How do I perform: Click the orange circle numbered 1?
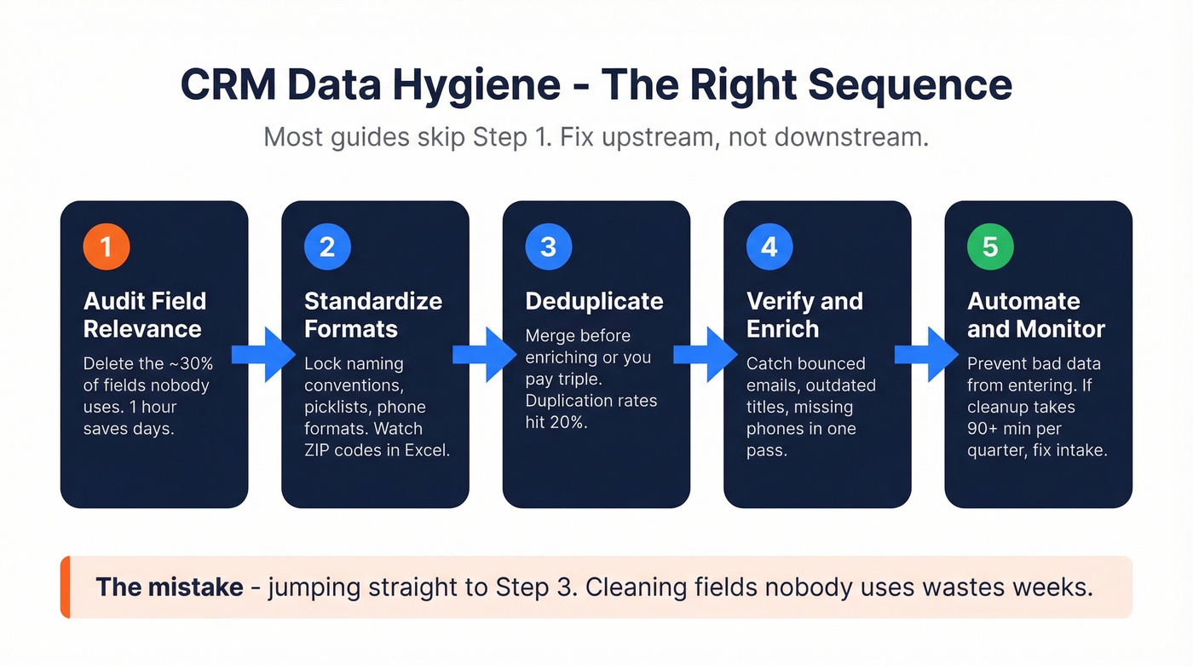point(106,247)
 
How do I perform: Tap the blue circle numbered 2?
point(327,247)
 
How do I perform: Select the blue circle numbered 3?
point(548,247)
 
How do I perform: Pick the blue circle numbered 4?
point(769,247)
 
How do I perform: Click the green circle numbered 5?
point(990,247)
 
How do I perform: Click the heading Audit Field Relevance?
point(144,315)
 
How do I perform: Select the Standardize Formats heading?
point(372,315)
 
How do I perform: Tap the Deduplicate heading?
point(594,301)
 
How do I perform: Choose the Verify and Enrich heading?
point(804,315)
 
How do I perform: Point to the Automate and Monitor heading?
point(1035,315)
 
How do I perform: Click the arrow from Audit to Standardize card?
point(265,354)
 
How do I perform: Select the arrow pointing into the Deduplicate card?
point(486,354)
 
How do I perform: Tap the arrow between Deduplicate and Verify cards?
point(706,354)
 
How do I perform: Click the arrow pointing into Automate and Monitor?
point(927,354)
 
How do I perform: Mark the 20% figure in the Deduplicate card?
point(566,421)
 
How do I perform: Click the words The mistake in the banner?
point(169,587)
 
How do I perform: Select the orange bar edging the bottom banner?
point(65,587)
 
